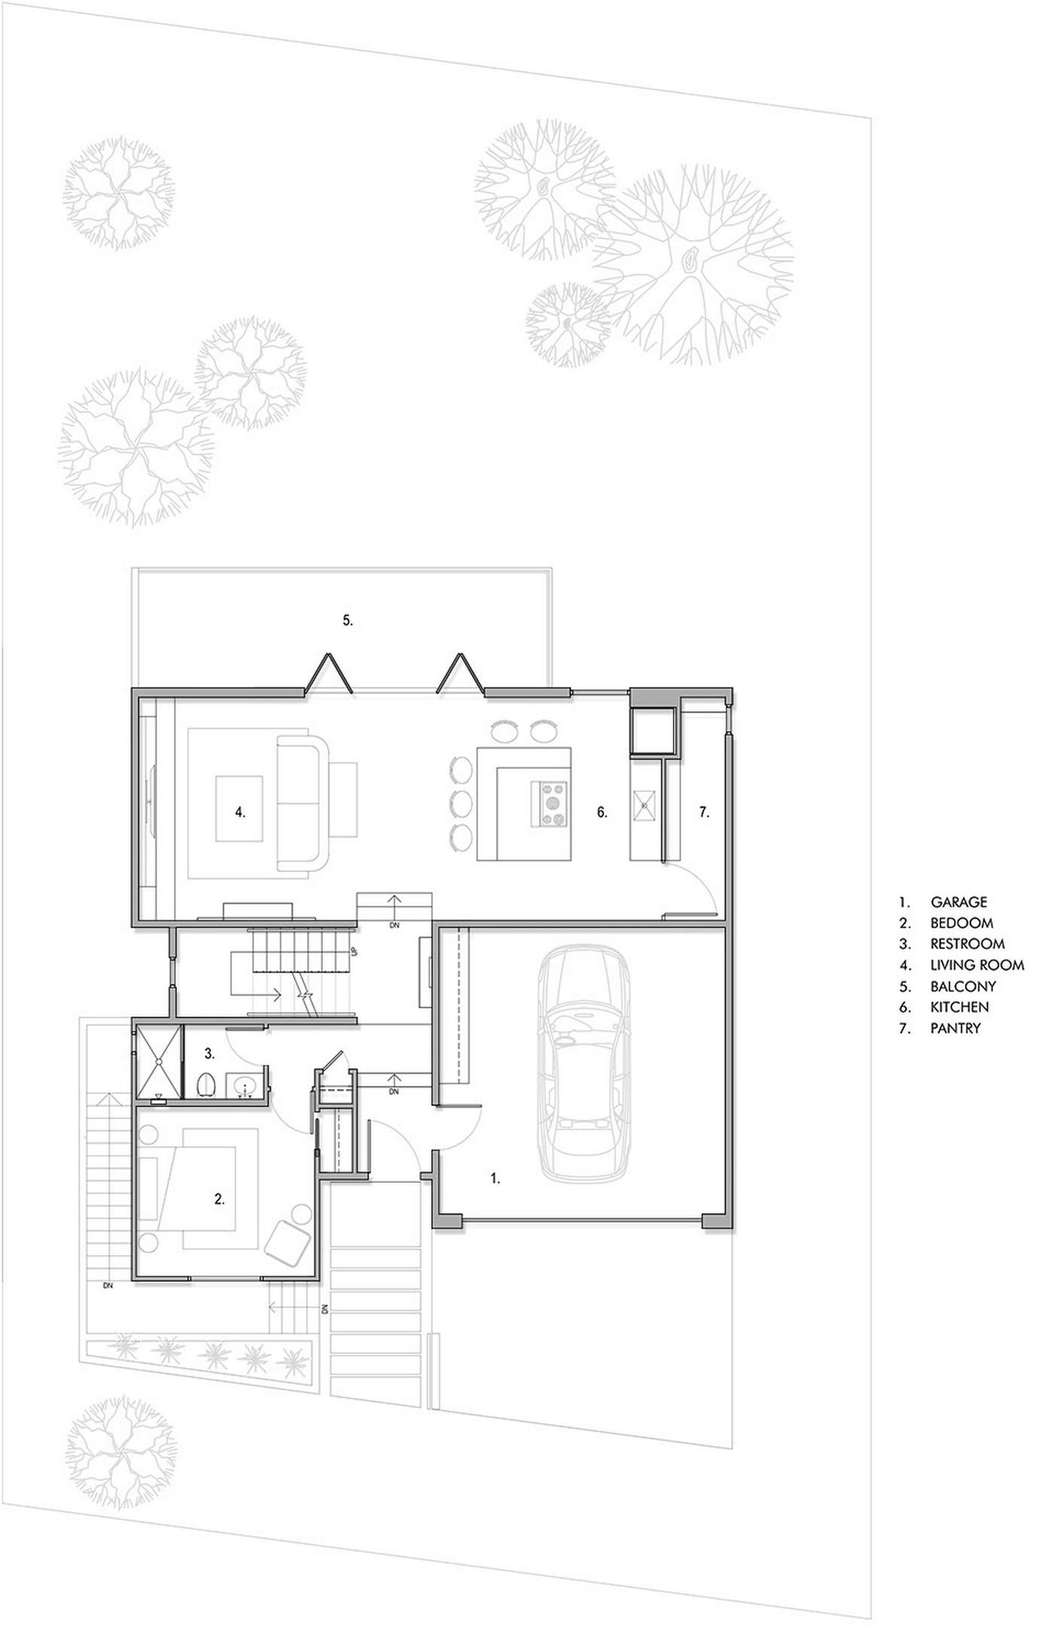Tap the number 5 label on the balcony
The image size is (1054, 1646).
tap(347, 620)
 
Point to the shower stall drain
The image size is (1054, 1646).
tap(159, 1062)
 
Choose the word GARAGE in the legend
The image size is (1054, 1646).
tap(958, 902)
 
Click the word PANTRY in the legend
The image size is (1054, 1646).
tap(955, 1028)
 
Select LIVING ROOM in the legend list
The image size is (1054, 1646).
tap(977, 965)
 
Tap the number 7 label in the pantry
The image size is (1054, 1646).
tap(704, 812)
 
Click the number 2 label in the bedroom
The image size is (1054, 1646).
tap(219, 1200)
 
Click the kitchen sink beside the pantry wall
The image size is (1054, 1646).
tap(644, 805)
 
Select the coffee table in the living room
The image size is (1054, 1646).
tap(239, 809)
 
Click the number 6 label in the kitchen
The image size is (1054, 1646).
tap(602, 812)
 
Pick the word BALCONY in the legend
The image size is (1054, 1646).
tap(963, 986)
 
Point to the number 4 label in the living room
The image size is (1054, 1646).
tap(240, 812)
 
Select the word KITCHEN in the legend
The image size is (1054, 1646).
tap(960, 1007)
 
